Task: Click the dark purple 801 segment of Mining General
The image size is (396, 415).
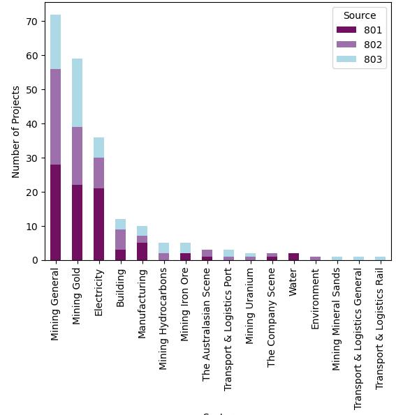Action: pos(55,212)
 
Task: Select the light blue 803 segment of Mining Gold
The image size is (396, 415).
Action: pos(77,93)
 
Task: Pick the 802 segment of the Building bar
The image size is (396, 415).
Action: pos(120,239)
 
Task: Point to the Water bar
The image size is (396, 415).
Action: pos(293,257)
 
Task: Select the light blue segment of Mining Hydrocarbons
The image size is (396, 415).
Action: pos(163,248)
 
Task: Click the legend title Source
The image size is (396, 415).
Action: pos(360,15)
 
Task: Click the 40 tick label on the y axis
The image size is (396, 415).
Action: pos(32,123)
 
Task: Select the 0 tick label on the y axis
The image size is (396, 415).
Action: pos(35,260)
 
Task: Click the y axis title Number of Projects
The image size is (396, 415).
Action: pos(16,132)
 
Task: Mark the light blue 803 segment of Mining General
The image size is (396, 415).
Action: pos(55,42)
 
